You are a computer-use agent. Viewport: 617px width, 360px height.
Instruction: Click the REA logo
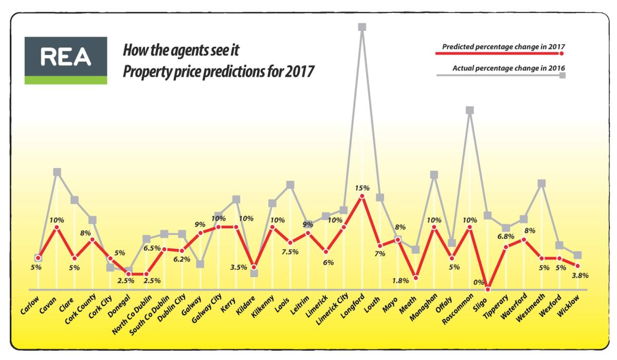(66, 60)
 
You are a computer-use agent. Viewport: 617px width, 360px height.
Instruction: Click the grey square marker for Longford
(362, 27)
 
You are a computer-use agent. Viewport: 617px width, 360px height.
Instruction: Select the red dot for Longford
(362, 195)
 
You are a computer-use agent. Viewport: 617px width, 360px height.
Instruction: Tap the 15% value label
(362, 187)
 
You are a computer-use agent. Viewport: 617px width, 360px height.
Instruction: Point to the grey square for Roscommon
(469, 110)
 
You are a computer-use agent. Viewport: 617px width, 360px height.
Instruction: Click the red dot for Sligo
(487, 289)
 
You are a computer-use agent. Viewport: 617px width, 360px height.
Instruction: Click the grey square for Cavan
(57, 172)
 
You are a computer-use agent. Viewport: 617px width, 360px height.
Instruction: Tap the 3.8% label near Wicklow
(579, 275)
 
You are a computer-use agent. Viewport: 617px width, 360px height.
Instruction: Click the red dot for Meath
(415, 278)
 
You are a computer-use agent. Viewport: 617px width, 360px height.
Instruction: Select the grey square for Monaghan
(434, 175)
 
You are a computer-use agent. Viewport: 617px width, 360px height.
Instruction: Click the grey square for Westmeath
(541, 183)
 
